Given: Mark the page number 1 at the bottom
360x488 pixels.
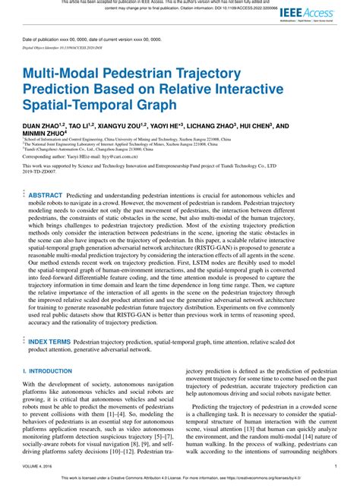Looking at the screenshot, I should (335, 467).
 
